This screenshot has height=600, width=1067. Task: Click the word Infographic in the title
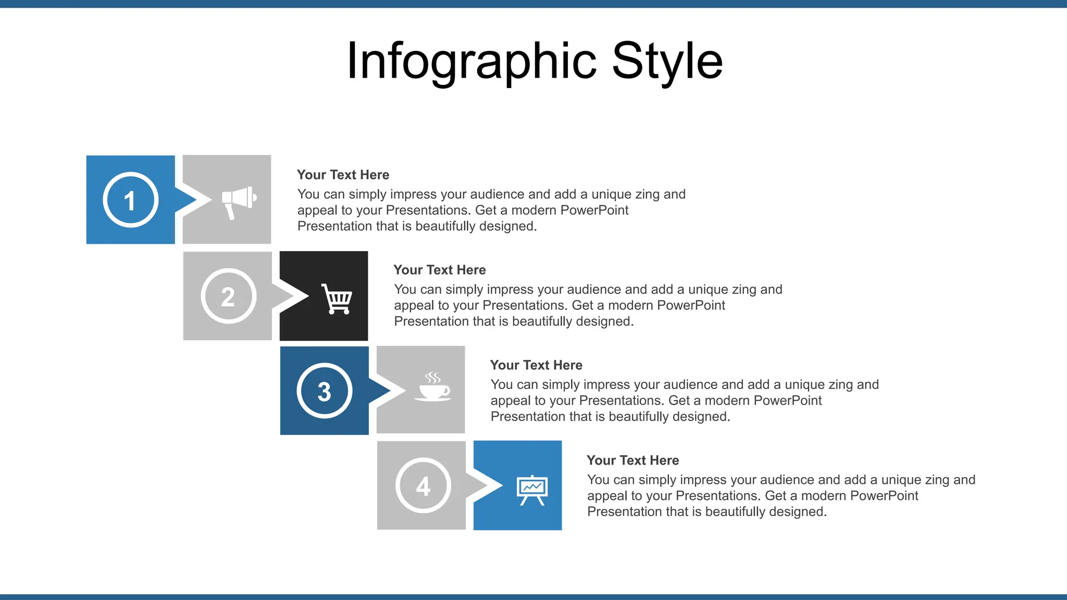click(x=472, y=61)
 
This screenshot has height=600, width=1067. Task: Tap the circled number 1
click(x=130, y=200)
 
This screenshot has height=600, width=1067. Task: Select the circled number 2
click(x=228, y=296)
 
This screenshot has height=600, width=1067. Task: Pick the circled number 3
click(x=324, y=391)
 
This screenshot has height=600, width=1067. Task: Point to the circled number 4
click(x=423, y=486)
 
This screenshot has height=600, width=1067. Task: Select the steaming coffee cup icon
click(x=433, y=387)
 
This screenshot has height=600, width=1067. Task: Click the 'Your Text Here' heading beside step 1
click(x=343, y=175)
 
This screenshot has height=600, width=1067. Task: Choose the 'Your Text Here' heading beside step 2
click(x=439, y=270)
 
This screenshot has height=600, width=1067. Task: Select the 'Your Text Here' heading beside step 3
click(x=536, y=365)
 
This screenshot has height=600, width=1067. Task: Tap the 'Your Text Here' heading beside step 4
click(x=632, y=460)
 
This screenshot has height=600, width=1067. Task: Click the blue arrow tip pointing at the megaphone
click(x=187, y=200)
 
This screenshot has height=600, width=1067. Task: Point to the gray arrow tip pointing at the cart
click(x=284, y=296)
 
